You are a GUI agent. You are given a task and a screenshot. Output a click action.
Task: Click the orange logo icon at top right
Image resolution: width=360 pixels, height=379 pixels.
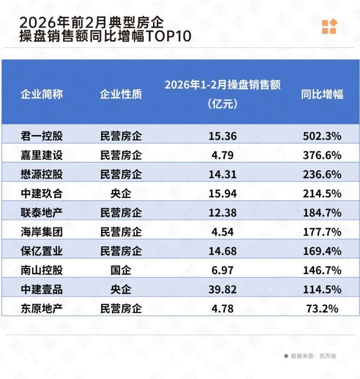click(x=329, y=26)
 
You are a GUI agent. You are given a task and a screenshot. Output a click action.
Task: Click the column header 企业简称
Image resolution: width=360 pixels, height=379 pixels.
click(x=42, y=94)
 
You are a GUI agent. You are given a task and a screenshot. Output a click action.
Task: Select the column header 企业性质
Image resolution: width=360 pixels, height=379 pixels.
click(x=121, y=94)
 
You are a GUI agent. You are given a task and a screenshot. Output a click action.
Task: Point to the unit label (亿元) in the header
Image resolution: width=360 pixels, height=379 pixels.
click(x=222, y=104)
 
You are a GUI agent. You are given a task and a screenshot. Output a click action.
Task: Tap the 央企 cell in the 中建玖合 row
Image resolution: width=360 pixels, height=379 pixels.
click(x=121, y=193)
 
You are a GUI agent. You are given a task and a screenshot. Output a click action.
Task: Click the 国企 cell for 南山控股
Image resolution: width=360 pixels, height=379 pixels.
click(x=121, y=270)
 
